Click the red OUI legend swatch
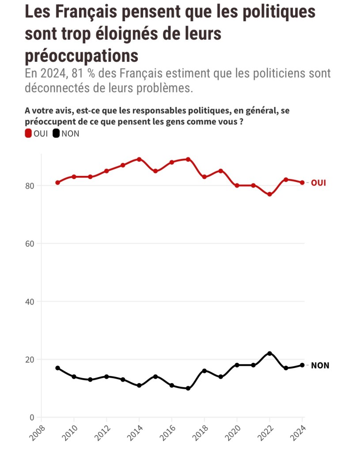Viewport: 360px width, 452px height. coord(29,133)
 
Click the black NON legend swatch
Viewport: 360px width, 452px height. coord(56,133)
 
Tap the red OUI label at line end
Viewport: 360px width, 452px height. coord(318,182)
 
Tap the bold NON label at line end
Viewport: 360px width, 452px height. coord(320,365)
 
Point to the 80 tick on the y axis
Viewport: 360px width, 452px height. coord(30,186)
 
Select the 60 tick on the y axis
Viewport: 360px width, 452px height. coord(30,243)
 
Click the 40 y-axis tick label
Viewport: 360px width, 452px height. coord(30,302)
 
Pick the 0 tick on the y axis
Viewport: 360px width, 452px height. coord(32,417)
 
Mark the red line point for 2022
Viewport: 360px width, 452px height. coord(269,194)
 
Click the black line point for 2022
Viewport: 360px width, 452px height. coord(269,353)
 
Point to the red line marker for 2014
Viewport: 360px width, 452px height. coord(139,159)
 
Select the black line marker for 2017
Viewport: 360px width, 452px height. coord(188,388)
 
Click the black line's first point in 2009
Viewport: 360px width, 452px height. coord(57,368)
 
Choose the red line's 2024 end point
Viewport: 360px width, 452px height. coord(302,182)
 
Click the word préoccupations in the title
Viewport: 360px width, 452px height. coord(81,56)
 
